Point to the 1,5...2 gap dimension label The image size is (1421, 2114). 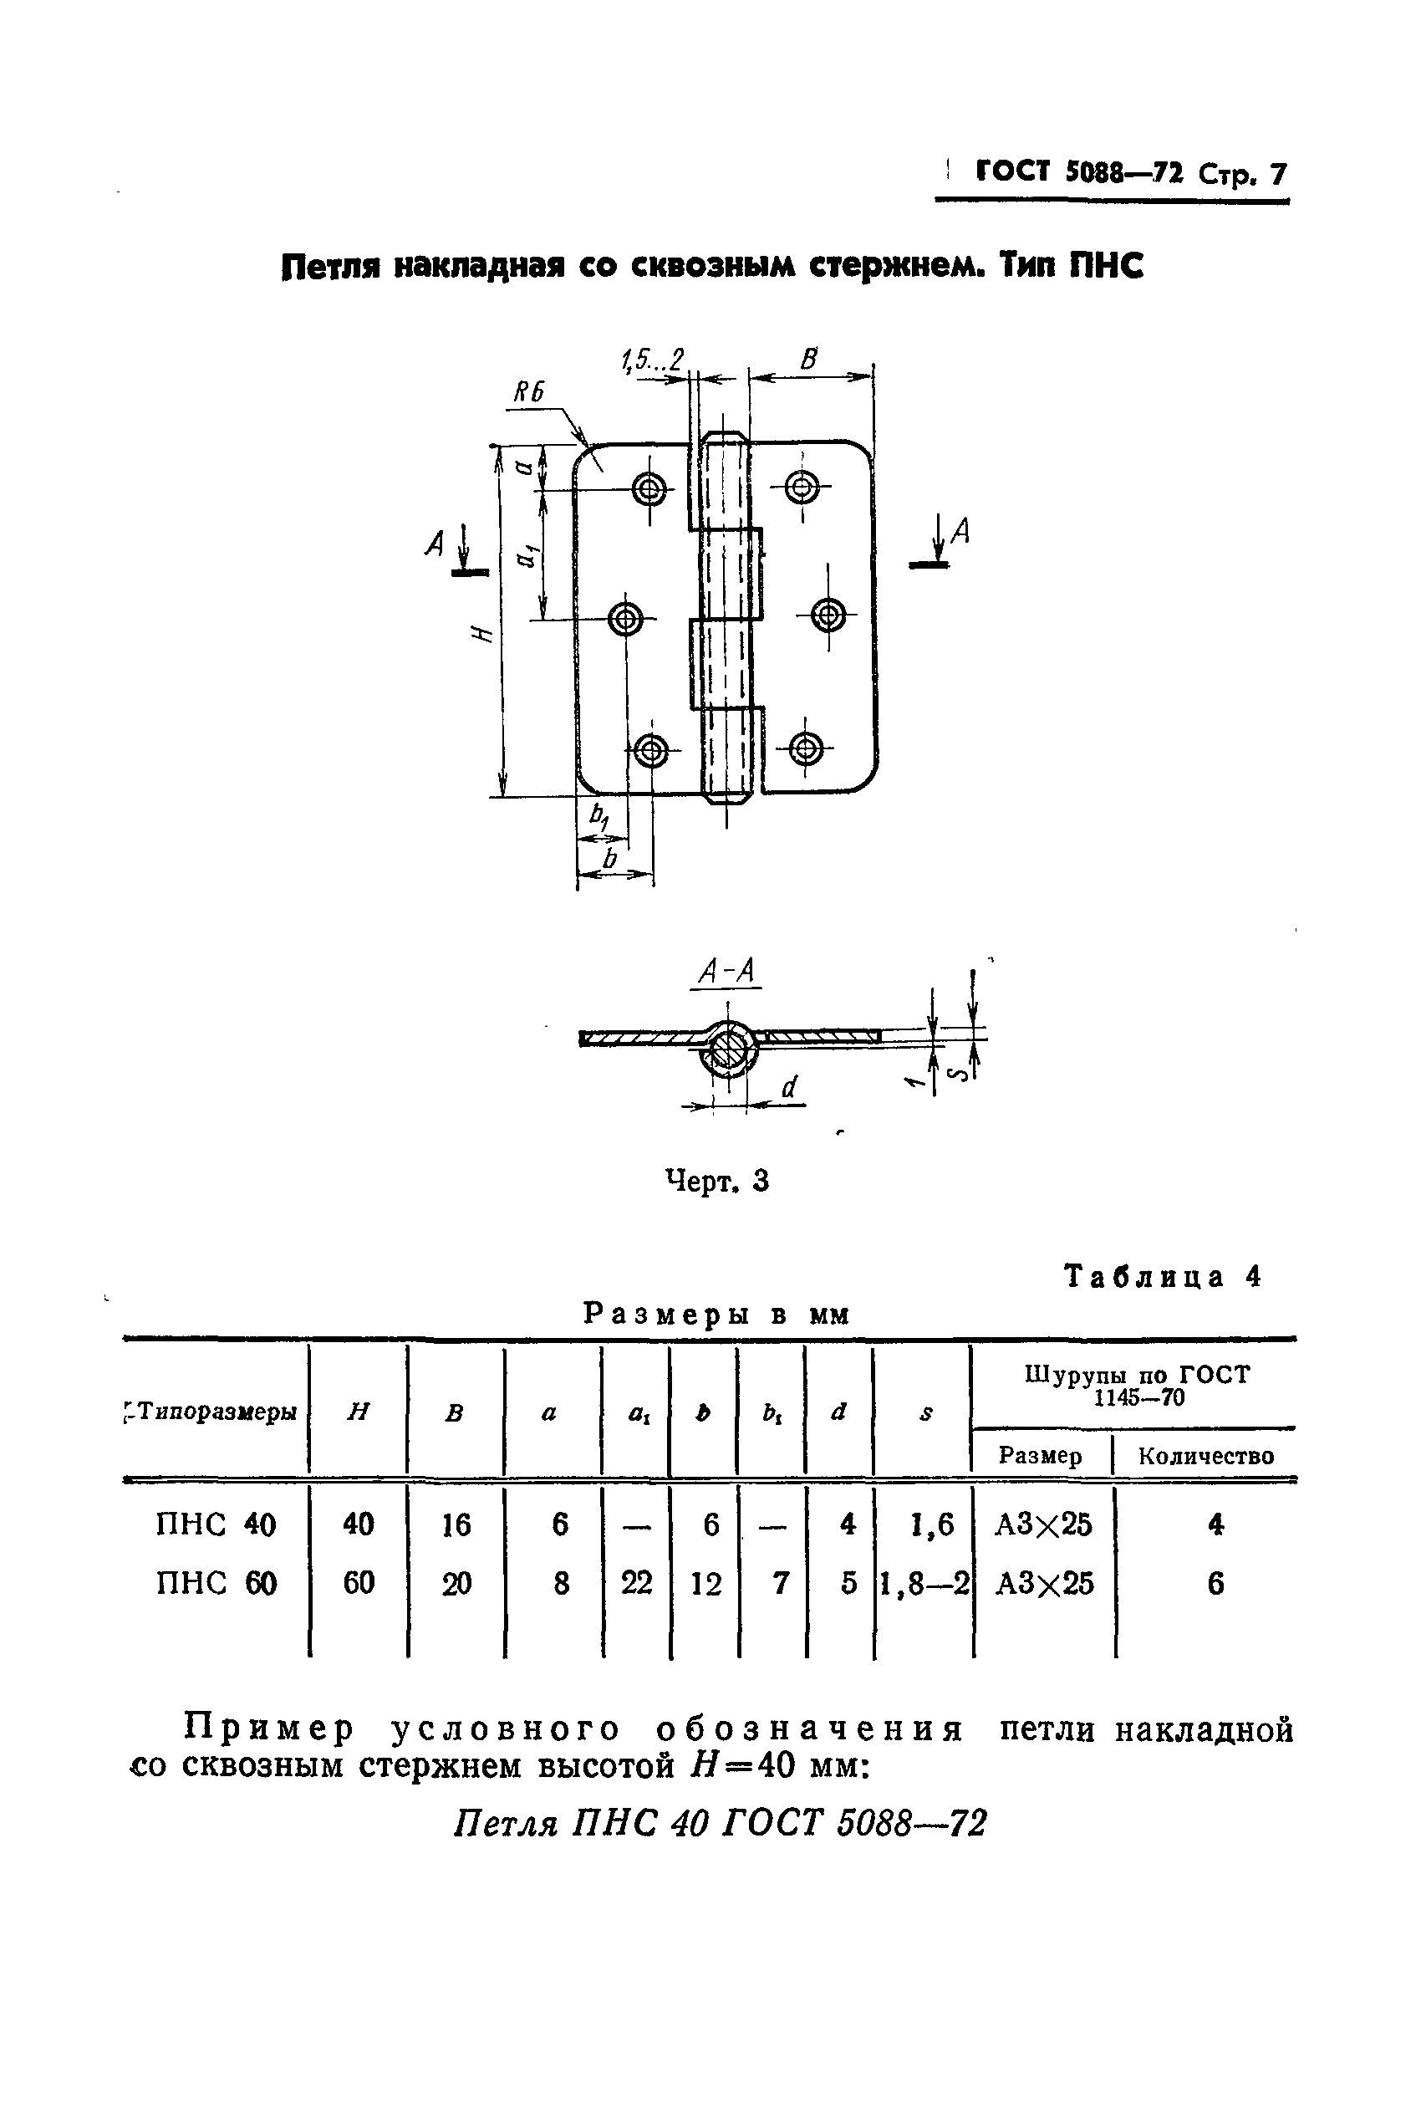[x=653, y=360]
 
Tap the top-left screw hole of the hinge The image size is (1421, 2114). [x=649, y=489]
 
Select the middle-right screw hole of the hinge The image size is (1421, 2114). [x=828, y=615]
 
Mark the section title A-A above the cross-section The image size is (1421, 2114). [x=727, y=973]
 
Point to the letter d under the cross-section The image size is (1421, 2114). [x=789, y=1087]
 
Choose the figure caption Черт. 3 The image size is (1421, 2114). [x=717, y=1182]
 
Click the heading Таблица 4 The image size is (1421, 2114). [x=1163, y=1276]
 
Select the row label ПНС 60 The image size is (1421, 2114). [x=216, y=1584]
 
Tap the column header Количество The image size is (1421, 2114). [x=1205, y=1457]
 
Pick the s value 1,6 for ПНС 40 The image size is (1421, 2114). [x=932, y=1524]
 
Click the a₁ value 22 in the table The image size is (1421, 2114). [x=636, y=1584]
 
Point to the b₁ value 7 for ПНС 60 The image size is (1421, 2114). [x=779, y=1584]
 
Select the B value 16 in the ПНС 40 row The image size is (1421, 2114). [x=456, y=1524]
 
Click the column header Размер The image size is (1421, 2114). [x=1040, y=1456]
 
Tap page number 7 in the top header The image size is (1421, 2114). [x=1278, y=173]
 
